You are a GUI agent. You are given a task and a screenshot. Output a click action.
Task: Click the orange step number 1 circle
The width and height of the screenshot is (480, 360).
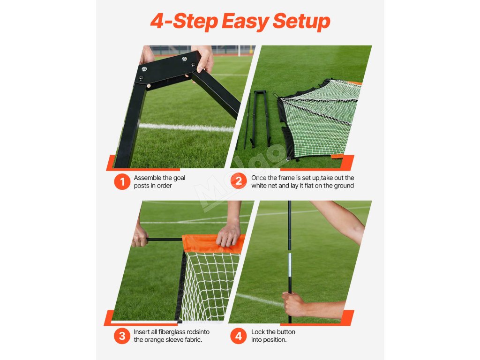point(122,181)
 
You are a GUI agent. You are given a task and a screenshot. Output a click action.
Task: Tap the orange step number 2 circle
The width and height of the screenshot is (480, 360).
point(239,181)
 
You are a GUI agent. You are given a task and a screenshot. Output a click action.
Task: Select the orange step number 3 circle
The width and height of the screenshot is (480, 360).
point(122,336)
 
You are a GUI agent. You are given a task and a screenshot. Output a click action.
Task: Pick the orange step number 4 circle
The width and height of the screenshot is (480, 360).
point(239,336)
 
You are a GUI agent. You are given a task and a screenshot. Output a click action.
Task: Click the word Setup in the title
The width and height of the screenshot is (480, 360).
point(301,22)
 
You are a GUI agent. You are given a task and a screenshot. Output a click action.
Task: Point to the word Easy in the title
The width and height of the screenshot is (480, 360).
point(245,22)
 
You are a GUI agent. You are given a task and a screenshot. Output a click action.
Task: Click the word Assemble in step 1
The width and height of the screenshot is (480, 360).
point(148,178)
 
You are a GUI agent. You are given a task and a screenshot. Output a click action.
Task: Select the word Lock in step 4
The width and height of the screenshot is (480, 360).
point(258,332)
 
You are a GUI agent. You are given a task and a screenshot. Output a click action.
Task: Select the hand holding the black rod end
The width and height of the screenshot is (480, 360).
point(139,237)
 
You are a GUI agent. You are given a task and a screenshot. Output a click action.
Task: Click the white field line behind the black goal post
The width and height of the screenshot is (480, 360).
point(187,127)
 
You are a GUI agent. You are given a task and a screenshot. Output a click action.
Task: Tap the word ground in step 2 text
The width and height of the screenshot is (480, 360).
point(345,186)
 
